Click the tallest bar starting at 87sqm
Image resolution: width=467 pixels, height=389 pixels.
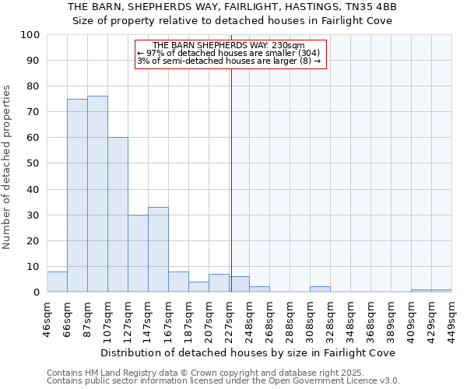97,194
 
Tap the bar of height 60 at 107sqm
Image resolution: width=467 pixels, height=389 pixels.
118,215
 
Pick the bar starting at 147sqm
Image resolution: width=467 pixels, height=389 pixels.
158,250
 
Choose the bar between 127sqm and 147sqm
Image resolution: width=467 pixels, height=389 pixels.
138,254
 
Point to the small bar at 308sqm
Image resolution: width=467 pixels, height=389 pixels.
320,289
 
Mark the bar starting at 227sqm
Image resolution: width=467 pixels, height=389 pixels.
239,284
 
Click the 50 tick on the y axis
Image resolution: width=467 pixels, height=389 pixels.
33,163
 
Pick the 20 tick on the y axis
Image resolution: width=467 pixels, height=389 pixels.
33,240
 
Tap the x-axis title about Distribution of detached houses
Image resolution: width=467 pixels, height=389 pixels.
248,352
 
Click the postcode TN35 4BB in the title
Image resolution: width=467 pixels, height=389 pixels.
371,7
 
